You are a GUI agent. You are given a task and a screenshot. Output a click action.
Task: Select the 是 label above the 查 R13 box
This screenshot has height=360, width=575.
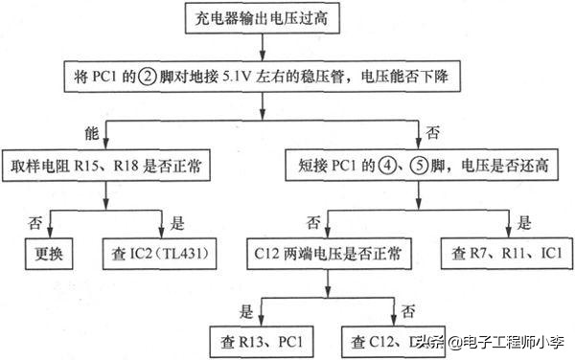247,310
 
